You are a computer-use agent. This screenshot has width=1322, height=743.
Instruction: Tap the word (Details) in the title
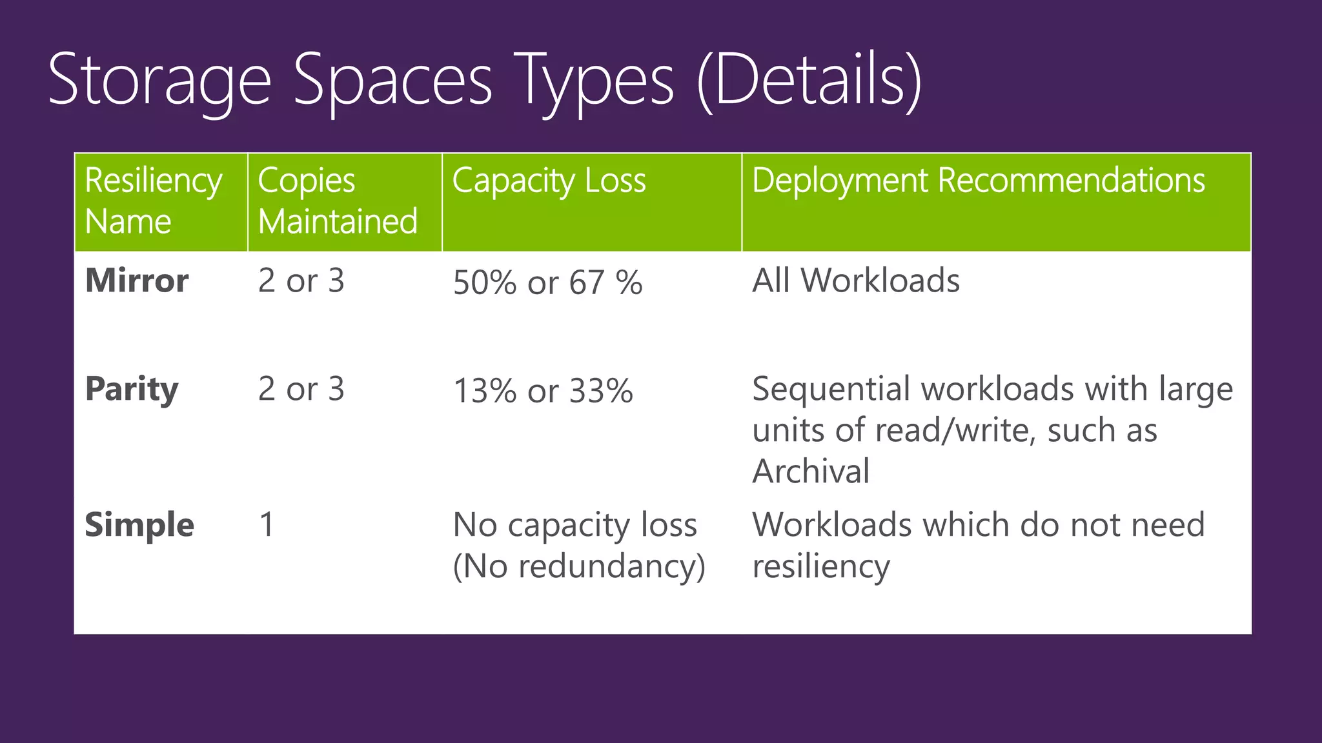pos(810,81)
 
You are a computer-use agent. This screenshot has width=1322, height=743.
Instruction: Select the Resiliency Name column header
pos(153,201)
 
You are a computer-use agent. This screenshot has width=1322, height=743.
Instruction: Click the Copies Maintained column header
pos(338,201)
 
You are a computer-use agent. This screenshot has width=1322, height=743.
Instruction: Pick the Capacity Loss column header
pos(549,181)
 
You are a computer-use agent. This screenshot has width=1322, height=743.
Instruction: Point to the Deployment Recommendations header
pos(978,181)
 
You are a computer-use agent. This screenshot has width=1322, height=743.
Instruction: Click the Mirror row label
pos(137,281)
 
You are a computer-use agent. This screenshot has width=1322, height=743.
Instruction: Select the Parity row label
pos(132,390)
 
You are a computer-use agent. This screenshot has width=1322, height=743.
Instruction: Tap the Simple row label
pos(139,525)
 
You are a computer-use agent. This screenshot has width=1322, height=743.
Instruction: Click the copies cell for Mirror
pos(301,281)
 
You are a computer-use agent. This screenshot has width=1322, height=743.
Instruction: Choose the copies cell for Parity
pos(301,390)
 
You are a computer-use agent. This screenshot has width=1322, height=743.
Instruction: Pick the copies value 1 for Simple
pos(267,525)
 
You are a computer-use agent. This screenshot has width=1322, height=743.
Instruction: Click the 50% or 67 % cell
pos(547,282)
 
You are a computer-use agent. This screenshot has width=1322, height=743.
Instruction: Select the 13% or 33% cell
pos(543,391)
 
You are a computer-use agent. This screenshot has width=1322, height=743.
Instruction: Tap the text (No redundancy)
pos(578,566)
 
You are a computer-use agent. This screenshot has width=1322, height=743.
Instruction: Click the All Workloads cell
pos(855,281)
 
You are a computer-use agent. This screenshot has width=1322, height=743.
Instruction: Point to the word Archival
pos(811,471)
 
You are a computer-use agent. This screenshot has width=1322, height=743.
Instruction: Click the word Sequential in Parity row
pos(832,390)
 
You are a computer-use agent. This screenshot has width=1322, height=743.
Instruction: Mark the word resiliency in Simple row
pos(821,566)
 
